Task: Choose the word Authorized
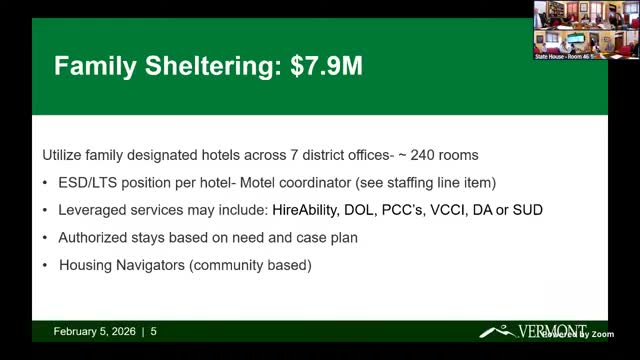click(96, 238)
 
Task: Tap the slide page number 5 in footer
click(154, 331)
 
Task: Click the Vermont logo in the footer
click(530, 331)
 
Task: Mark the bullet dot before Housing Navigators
click(48, 266)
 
